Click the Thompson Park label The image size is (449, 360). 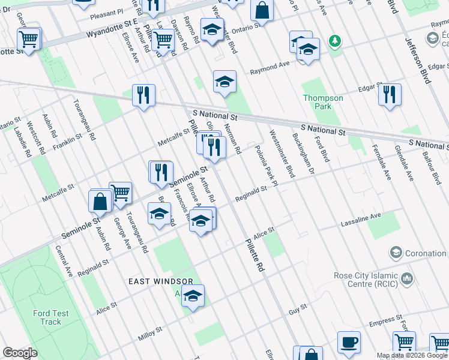[x=323, y=102]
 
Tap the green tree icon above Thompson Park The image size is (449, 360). [x=335, y=41]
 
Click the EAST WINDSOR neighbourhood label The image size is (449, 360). [x=160, y=281]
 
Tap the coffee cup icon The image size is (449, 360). [x=349, y=342]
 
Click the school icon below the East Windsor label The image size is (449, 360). [x=193, y=296]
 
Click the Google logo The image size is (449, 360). [x=20, y=353]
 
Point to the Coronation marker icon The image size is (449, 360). [x=396, y=253]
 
